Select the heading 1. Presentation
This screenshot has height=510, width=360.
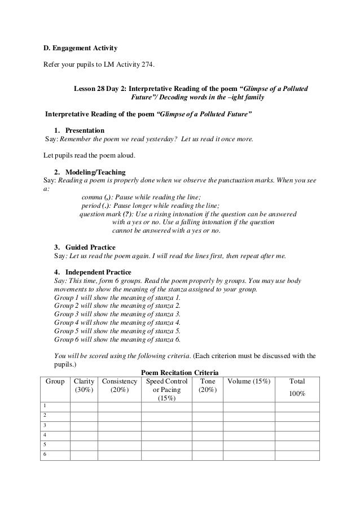coord(79,130)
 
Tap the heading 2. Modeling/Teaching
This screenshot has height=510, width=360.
coord(90,172)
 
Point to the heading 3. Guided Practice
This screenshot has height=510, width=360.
coord(85,247)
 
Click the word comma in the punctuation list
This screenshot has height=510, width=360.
coord(92,197)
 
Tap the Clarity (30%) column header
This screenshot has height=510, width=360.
coord(84,386)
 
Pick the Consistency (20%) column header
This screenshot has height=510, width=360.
coord(119,386)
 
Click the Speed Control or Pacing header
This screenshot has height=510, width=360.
coord(166,389)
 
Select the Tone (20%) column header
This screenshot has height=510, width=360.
coord(207,386)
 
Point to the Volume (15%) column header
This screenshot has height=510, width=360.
coord(248,382)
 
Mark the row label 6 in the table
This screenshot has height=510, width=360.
coord(45,455)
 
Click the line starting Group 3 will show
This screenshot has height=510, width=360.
coord(117,313)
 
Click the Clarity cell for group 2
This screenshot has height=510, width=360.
coord(84,416)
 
